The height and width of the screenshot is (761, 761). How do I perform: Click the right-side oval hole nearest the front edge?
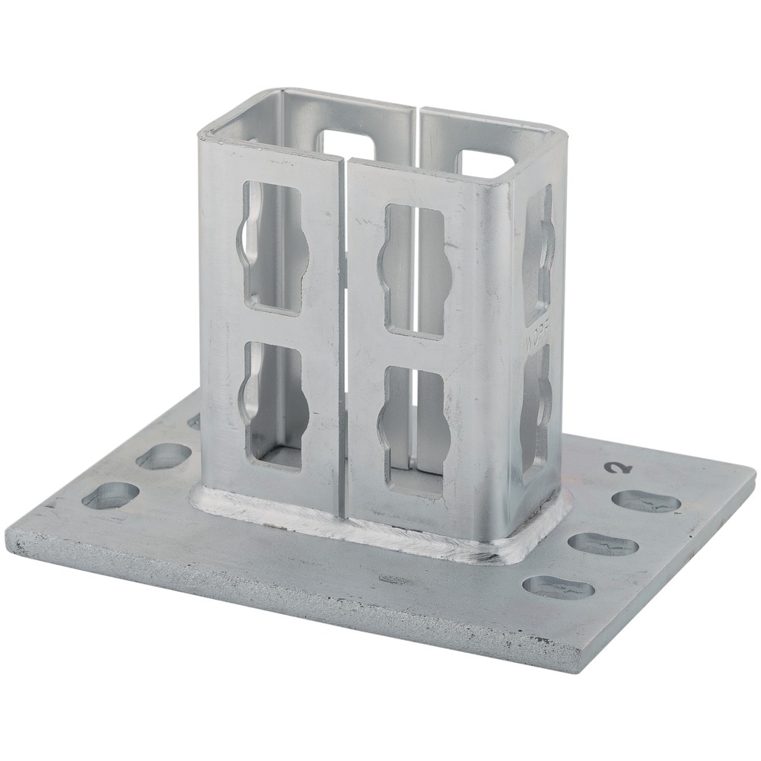[559, 587]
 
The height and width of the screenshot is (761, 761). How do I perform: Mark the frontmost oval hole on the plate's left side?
[111, 496]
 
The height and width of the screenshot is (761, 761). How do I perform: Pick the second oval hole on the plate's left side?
[164, 456]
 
